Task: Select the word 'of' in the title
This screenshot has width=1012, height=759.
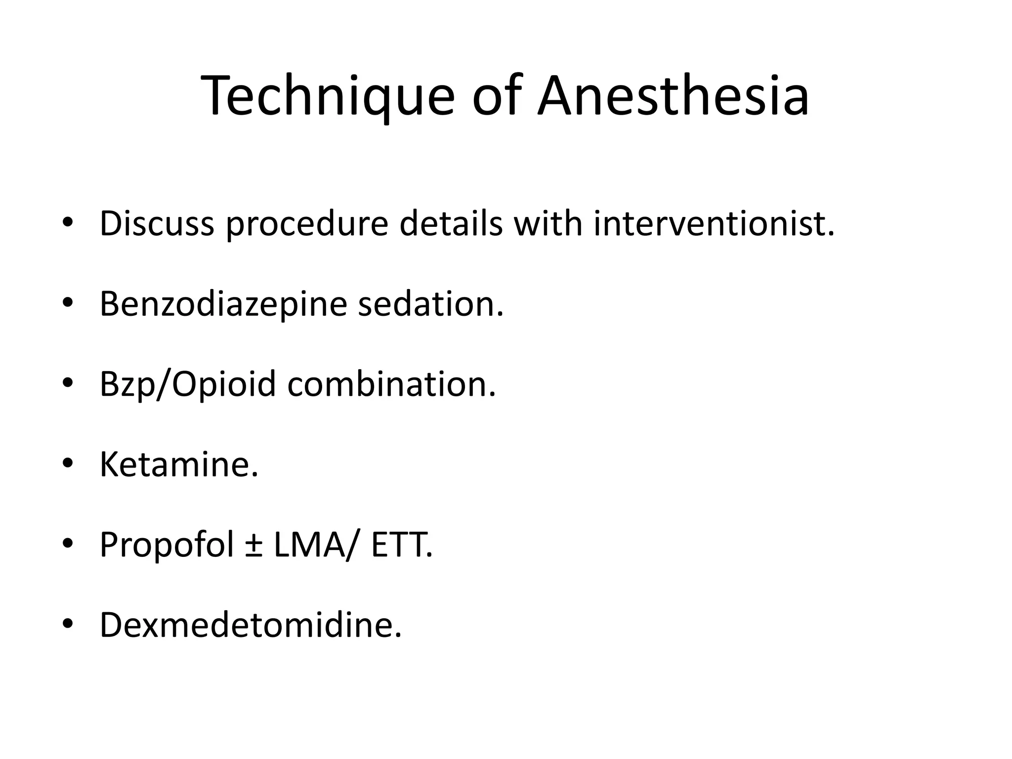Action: click(496, 96)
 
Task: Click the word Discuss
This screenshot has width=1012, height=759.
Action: click(157, 224)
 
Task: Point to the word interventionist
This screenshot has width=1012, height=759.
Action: click(714, 224)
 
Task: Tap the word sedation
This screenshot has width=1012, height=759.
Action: click(430, 304)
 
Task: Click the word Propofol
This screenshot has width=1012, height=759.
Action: click(167, 546)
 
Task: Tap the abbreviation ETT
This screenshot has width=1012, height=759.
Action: click(401, 546)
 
